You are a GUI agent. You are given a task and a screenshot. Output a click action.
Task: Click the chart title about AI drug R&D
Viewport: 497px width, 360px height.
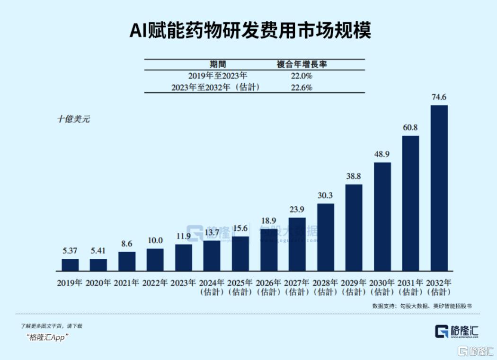(250, 31)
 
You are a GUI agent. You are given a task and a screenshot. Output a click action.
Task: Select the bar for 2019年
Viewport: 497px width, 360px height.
(71, 264)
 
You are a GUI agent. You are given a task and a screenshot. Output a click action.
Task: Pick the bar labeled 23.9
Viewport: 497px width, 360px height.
(297, 244)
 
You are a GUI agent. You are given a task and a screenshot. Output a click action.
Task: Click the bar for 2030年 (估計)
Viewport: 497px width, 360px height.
(382, 216)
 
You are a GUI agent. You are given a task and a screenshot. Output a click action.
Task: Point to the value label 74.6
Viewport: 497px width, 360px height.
(439, 97)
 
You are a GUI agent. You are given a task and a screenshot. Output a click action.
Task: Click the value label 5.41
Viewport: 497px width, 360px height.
(98, 251)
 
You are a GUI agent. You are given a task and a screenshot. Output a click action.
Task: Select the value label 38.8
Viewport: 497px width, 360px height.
(354, 176)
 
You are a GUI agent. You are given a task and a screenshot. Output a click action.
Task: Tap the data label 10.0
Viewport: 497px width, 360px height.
(155, 241)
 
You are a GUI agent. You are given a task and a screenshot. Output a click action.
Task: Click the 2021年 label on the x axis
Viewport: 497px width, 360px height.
(126, 283)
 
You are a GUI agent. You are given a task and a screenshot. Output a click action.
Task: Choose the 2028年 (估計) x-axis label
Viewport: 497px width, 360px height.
(325, 287)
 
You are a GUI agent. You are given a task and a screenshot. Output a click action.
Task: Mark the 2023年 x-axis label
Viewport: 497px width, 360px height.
(183, 283)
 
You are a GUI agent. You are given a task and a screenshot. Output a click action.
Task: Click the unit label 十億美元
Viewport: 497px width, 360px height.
(73, 119)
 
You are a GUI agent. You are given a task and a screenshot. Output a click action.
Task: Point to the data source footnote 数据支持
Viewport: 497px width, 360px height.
(422, 306)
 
